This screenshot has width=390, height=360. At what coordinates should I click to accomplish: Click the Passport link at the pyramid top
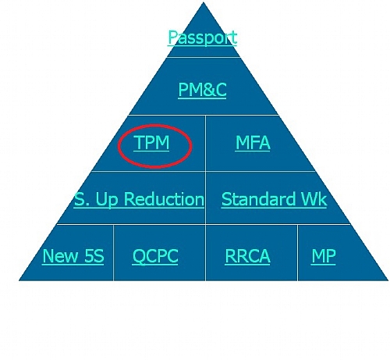pos(202,38)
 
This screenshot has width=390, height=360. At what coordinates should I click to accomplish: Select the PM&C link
pos(202,90)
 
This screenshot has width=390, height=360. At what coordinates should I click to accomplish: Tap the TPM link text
pos(152,143)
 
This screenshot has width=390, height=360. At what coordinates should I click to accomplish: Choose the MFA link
pos(253,143)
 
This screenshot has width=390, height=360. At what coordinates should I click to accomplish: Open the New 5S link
pos(73,256)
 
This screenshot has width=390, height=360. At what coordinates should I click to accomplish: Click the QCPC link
pos(155,257)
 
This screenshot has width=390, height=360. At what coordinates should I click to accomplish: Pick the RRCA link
pos(247,256)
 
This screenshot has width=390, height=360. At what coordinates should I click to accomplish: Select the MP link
pos(324,256)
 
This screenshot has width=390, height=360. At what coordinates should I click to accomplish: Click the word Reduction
pos(164,199)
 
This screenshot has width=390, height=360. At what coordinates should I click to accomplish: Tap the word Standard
pos(258,199)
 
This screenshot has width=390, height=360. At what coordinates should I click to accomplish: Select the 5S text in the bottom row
pos(94,256)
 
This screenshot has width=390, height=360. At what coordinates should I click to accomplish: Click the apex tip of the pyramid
pos(204,2)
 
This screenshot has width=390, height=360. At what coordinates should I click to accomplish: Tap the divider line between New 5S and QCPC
pos(113,252)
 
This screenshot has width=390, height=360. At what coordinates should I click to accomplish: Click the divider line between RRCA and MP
pos(298,252)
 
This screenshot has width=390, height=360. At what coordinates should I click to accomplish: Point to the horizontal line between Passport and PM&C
pos(204,57)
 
